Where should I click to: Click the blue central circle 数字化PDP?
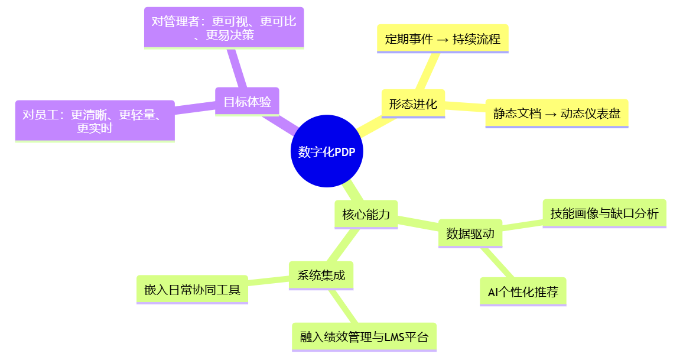click(x=327, y=151)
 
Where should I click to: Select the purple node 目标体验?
click(x=247, y=102)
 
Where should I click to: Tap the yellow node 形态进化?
click(x=413, y=104)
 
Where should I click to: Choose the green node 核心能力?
click(x=366, y=215)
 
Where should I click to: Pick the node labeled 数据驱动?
click(x=470, y=233)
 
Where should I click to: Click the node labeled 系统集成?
click(x=321, y=275)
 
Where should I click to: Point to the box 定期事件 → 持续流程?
click(x=443, y=39)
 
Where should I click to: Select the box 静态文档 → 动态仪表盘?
click(x=557, y=113)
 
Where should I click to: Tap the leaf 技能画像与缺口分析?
click(x=604, y=213)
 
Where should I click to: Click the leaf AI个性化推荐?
click(x=522, y=291)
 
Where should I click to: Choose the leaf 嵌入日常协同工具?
click(x=192, y=290)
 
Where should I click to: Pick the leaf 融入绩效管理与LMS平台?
click(x=364, y=337)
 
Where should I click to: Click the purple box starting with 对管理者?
click(x=224, y=28)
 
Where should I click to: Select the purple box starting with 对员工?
click(x=95, y=121)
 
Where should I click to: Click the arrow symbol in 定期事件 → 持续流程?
click(x=443, y=40)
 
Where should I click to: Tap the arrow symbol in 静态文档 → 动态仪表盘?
click(x=551, y=114)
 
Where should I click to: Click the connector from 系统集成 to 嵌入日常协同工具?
click(x=268, y=281)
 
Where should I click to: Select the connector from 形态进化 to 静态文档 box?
click(x=465, y=107)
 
